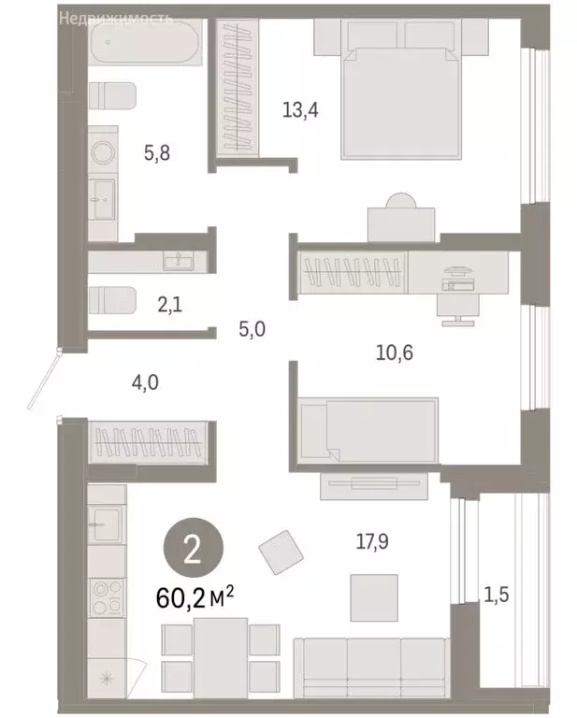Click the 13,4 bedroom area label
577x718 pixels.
pyautogui.click(x=301, y=109)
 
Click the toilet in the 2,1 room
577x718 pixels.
pyautogui.click(x=111, y=299)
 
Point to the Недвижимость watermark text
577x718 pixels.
pyautogui.click(x=114, y=18)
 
